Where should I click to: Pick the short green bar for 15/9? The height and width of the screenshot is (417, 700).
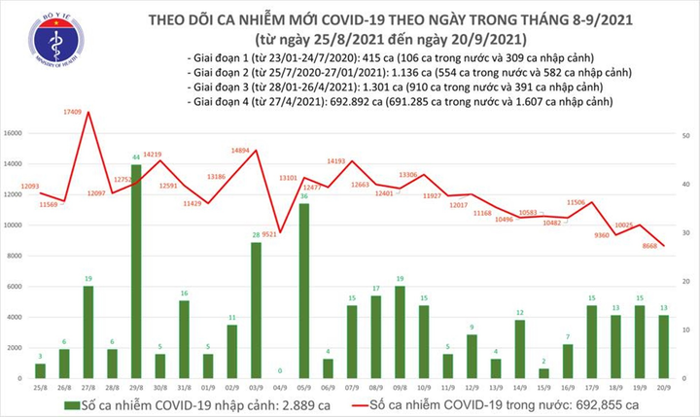(543, 372)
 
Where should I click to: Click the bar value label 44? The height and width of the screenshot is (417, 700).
(136, 156)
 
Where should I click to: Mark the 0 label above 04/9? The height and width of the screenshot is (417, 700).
(280, 370)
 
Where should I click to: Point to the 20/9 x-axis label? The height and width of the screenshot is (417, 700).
(665, 387)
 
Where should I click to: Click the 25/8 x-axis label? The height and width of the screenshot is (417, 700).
(40, 387)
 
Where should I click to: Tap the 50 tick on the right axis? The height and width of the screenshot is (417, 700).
(686, 136)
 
